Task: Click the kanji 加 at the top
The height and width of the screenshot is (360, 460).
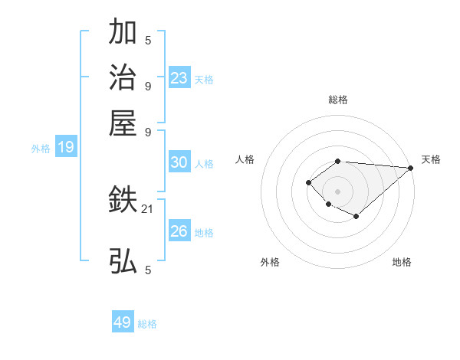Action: point(123,32)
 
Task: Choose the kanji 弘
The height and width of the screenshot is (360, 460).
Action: point(123,261)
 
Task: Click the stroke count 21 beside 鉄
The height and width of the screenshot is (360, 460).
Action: point(147,208)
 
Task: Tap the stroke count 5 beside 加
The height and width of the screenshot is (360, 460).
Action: point(148,41)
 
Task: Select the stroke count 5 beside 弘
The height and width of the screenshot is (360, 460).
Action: point(148,270)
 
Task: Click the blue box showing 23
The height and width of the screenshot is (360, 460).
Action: point(179,78)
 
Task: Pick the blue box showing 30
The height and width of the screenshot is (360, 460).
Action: point(179,162)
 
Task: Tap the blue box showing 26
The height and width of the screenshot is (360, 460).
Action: point(179,231)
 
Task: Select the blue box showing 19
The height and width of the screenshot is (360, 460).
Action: point(66,148)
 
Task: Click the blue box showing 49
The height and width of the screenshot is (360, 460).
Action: point(123,322)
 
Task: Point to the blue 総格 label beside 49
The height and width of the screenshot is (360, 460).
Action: point(147,324)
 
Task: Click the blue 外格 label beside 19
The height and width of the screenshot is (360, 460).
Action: point(41,149)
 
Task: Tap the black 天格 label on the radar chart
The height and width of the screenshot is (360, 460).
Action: point(431,159)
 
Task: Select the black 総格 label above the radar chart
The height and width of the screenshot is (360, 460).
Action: point(338,100)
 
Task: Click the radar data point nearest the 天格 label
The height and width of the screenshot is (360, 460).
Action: point(410,168)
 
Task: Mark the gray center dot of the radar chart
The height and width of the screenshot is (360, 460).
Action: point(338,191)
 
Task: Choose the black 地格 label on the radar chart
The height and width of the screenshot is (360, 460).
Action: point(402,262)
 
